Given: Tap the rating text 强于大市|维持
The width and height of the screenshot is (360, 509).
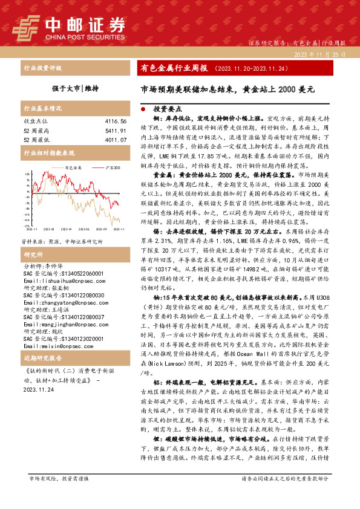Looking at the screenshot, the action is tap(74, 88).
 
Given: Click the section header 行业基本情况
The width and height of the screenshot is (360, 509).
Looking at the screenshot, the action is tap(43, 109).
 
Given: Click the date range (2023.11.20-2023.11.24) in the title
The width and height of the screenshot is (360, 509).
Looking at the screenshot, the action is tap(247, 68).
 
